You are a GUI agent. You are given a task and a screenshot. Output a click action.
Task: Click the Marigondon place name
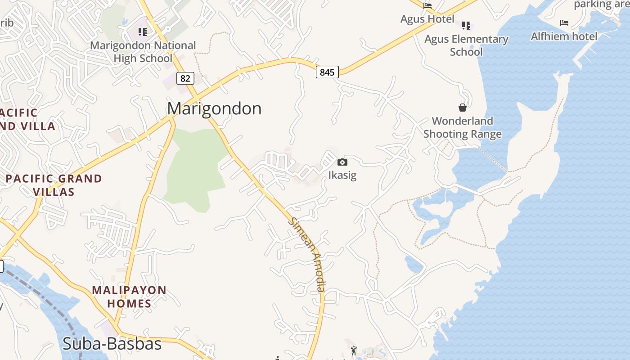click(214, 108)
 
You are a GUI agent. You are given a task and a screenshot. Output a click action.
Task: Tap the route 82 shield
click(185, 78)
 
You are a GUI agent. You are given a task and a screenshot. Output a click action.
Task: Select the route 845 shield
click(327, 72)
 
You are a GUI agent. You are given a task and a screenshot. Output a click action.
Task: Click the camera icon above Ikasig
click(342, 162)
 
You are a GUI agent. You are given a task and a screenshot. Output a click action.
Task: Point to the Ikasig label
click(342, 175)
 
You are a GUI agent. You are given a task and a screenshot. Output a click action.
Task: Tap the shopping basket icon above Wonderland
click(462, 108)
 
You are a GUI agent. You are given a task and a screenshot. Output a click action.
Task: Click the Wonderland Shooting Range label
click(462, 127)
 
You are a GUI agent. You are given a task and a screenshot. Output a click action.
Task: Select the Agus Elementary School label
click(466, 45)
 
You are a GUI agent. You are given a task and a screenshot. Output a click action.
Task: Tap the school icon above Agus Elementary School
click(466, 25)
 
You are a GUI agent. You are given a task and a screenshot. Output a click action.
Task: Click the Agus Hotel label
click(427, 19)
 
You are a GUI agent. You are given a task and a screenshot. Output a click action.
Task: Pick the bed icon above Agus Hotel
click(427, 6)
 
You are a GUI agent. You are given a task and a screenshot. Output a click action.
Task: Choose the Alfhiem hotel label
click(564, 36)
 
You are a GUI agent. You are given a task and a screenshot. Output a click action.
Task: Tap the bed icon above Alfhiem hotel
click(564, 23)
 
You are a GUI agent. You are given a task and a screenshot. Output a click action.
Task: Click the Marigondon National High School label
click(143, 52)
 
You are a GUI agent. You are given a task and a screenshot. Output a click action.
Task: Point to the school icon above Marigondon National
click(143, 31)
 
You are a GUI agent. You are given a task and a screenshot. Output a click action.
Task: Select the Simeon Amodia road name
click(308, 255)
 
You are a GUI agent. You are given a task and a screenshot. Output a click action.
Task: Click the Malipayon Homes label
click(129, 297)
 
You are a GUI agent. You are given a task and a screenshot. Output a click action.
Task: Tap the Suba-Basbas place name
click(112, 344)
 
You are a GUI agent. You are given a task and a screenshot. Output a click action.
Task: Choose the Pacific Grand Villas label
click(54, 185)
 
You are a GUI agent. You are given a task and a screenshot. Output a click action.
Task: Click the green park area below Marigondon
click(193, 171)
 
